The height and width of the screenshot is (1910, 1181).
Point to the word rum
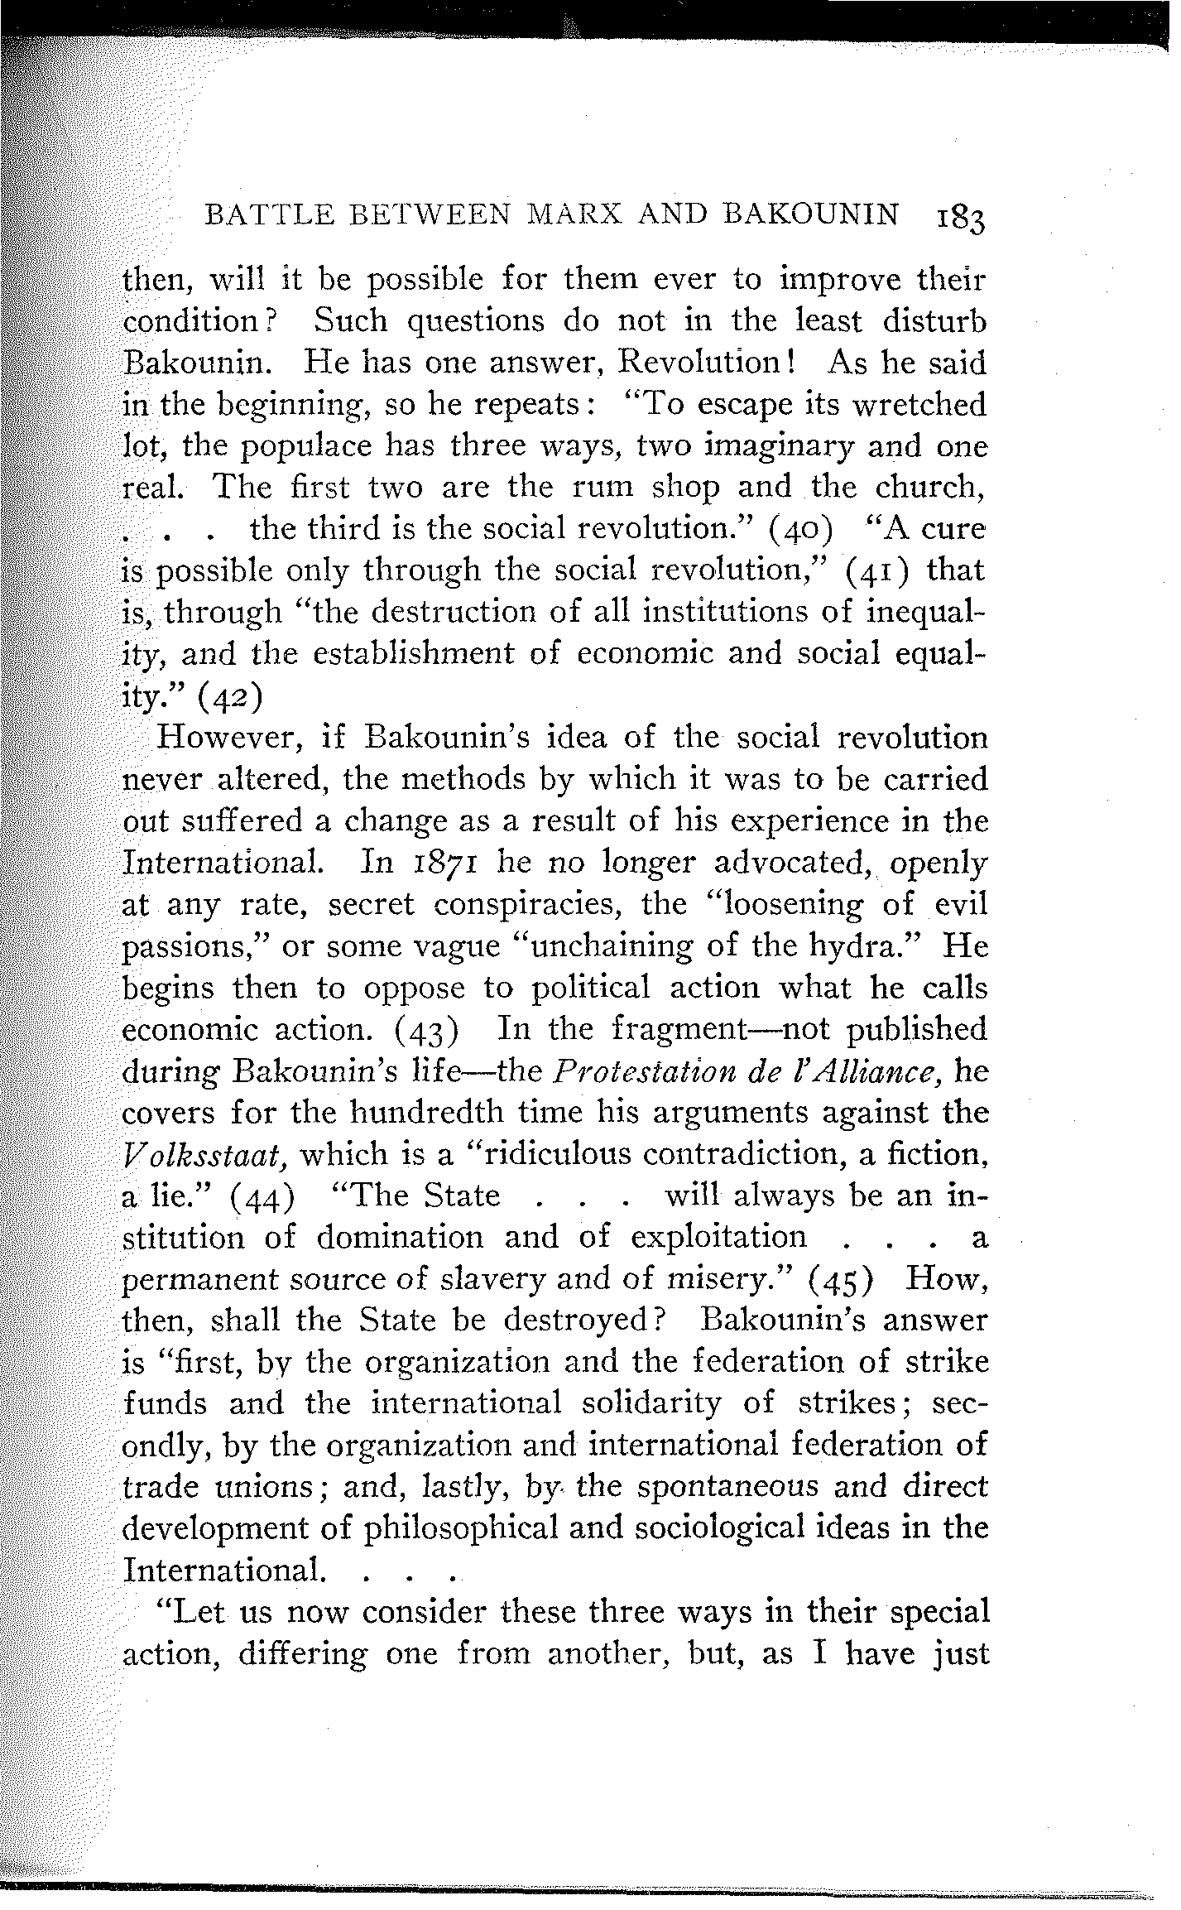[x=603, y=486]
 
